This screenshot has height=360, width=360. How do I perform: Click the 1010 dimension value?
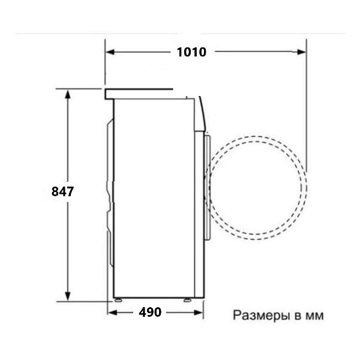[191, 52]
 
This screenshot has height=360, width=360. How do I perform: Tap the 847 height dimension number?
[62, 192]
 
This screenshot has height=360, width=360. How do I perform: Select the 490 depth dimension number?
[149, 313]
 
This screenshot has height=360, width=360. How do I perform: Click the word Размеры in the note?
[259, 315]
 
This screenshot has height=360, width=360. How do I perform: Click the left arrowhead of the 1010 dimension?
[110, 52]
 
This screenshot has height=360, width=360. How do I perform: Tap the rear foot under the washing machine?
[118, 299]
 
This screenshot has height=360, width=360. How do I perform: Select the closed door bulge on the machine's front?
[207, 186]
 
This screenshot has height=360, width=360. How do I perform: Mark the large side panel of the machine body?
[153, 198]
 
